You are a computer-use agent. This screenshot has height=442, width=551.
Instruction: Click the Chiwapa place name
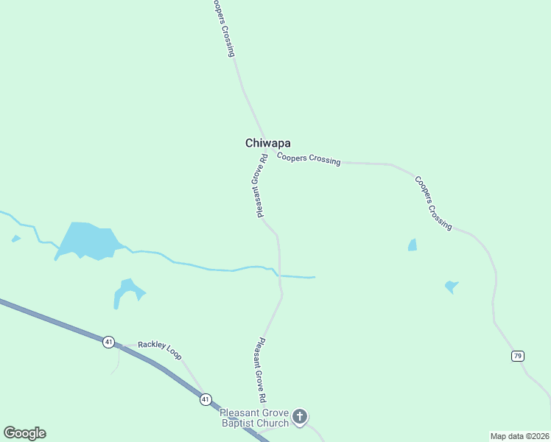[x=267, y=144]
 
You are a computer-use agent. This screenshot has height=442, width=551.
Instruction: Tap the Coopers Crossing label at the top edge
[x=222, y=28]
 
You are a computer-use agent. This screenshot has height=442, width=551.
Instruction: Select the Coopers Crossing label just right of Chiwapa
[x=309, y=158]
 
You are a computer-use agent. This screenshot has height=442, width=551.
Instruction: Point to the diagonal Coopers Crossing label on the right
[x=432, y=203]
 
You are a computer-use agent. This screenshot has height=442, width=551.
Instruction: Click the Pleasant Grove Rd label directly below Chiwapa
[x=260, y=186]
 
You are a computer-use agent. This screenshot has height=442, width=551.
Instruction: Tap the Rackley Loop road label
[x=159, y=345]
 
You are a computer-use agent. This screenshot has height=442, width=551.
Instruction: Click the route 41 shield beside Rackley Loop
[x=109, y=341]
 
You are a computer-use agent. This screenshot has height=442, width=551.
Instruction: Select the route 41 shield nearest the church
[x=205, y=399]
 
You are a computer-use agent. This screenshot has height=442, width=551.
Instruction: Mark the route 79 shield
[x=518, y=356]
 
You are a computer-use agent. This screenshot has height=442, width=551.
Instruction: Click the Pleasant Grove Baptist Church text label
[x=256, y=418]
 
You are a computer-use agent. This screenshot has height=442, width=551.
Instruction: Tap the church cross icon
[x=300, y=417]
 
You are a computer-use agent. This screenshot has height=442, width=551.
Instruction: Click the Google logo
[x=24, y=433]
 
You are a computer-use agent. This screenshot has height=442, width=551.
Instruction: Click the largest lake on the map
[x=87, y=240]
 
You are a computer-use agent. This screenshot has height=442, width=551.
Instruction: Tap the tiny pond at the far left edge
[x=15, y=239]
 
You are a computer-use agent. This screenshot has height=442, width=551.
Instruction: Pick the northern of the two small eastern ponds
[x=413, y=245]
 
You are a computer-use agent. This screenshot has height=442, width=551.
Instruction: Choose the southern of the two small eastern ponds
[x=451, y=287]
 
